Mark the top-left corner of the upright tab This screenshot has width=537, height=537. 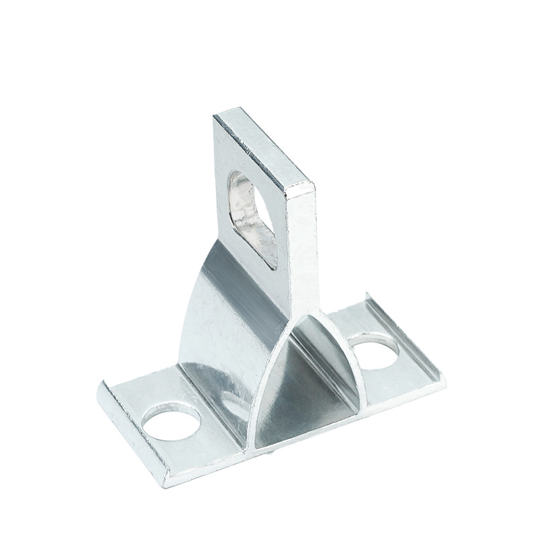[x=215, y=117]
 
